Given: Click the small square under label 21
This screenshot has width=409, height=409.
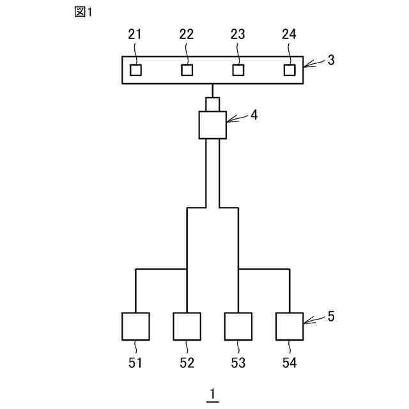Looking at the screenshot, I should (135, 70).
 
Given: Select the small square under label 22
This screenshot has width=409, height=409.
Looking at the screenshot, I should (187, 70).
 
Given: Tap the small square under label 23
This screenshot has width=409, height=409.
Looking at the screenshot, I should (238, 70).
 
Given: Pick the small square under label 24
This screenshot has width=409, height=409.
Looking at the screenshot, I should (289, 70).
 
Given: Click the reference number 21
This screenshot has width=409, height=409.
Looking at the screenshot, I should (135, 35).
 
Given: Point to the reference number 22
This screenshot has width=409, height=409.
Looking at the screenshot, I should (187, 35).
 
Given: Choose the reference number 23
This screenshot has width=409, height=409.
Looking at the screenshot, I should (238, 35).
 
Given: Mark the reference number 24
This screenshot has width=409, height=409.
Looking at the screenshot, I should (289, 35).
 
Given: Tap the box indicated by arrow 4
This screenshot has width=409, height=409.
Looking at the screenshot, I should (212, 125).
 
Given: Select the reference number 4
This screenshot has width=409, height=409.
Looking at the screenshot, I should (254, 115).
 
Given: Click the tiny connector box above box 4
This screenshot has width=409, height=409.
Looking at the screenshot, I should (212, 104).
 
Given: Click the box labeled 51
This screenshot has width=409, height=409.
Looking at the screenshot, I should (135, 327).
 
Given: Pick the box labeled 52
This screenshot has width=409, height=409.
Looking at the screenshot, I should (187, 327).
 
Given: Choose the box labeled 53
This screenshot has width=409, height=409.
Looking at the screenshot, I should (238, 327).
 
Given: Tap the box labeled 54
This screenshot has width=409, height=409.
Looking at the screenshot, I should (289, 327).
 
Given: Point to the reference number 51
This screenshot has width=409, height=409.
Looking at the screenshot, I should (135, 363).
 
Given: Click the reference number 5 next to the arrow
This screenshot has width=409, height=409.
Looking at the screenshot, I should (331, 316).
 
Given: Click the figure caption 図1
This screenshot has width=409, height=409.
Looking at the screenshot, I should (84, 12).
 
